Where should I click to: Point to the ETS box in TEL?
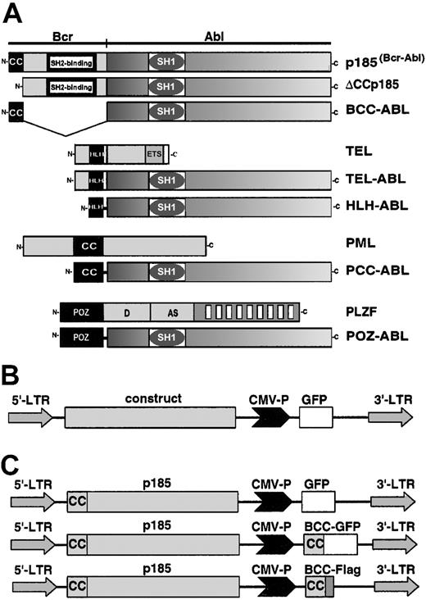[x=153, y=153]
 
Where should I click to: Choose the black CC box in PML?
[x=89, y=244]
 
